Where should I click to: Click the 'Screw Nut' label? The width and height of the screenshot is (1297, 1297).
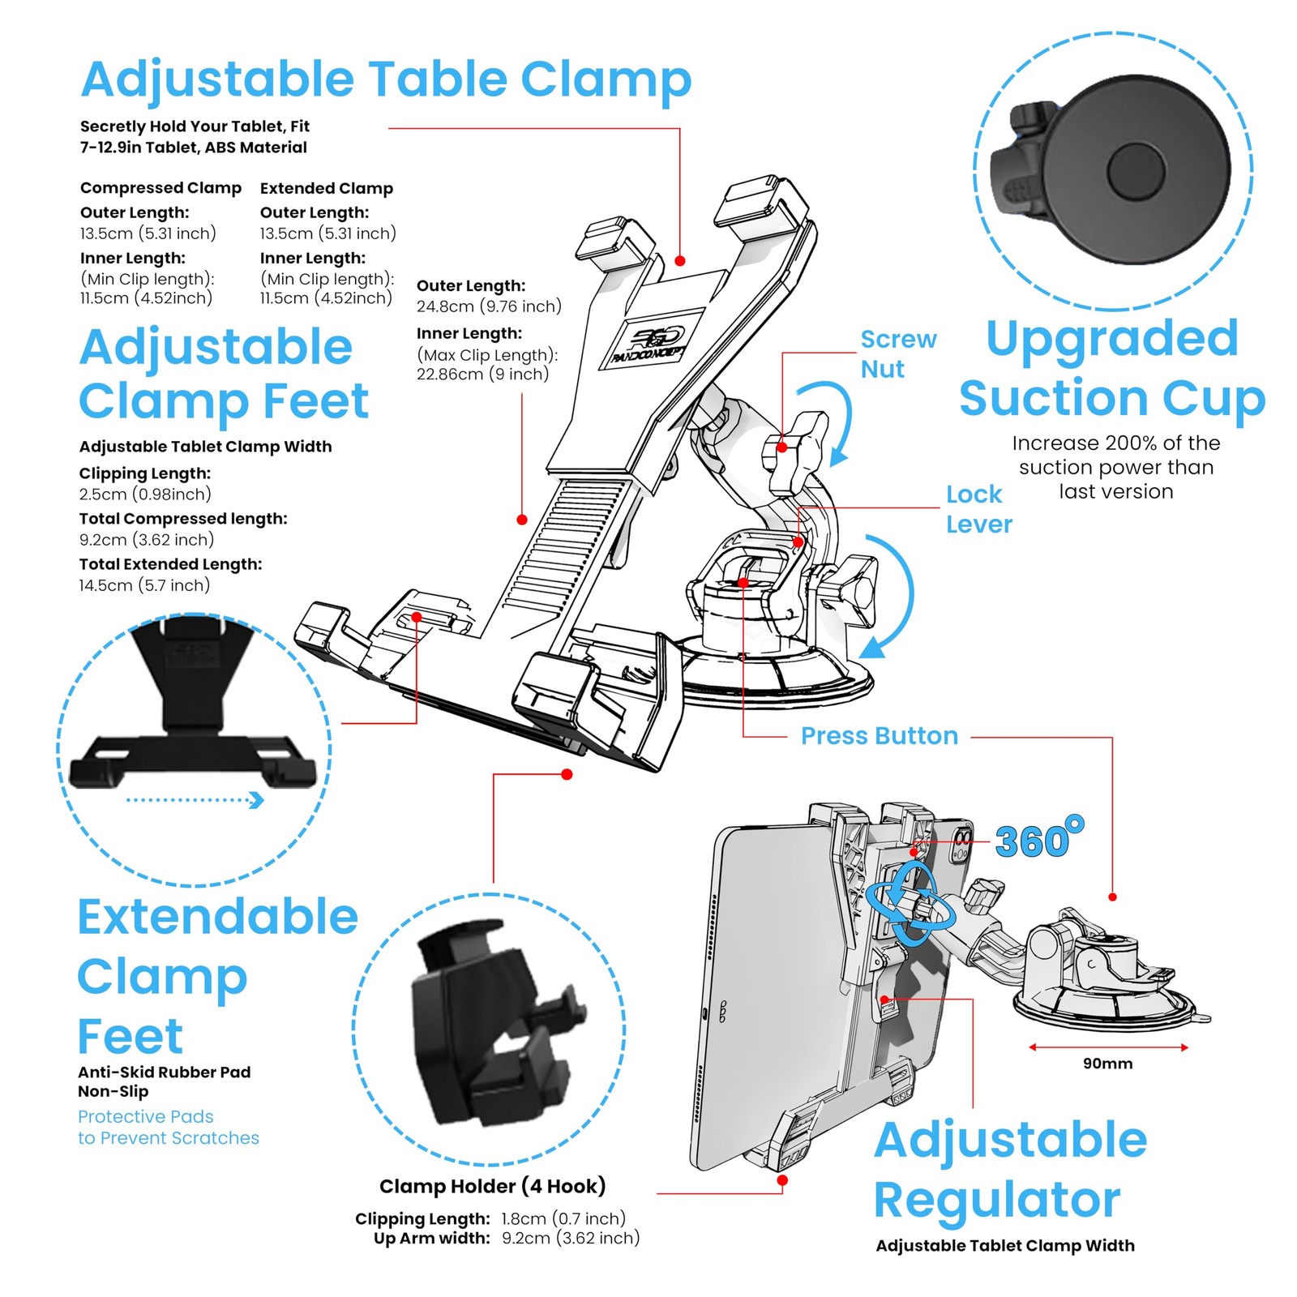tap(897, 354)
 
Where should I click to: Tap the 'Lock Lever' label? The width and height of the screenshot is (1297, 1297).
tap(978, 509)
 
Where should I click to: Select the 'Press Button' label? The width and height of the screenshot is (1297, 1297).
tap(879, 736)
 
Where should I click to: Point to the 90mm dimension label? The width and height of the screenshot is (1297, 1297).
tap(1107, 1064)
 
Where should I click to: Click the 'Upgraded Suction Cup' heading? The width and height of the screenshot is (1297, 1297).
tap(1111, 369)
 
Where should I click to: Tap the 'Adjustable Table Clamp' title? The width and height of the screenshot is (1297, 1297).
tap(386, 79)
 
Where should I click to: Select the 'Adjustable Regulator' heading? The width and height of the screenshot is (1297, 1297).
tap(1010, 1169)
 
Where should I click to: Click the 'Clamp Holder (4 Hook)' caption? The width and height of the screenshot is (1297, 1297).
tap(492, 1186)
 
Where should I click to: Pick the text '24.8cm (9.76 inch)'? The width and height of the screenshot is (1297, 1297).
tap(489, 306)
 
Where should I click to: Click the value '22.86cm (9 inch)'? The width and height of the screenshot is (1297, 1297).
tap(482, 375)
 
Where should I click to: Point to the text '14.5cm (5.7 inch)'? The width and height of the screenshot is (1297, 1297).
tap(144, 585)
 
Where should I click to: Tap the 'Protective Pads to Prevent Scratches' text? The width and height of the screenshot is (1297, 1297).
tap(168, 1128)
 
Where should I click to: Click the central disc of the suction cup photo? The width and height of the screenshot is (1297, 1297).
tap(1135, 171)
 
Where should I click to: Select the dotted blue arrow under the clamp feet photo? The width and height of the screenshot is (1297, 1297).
tap(195, 801)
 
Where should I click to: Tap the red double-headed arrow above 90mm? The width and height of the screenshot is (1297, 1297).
tap(1107, 1047)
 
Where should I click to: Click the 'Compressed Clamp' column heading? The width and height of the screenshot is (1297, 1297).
tap(161, 188)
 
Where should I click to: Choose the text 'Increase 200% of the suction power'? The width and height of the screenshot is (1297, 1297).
tap(1115, 456)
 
